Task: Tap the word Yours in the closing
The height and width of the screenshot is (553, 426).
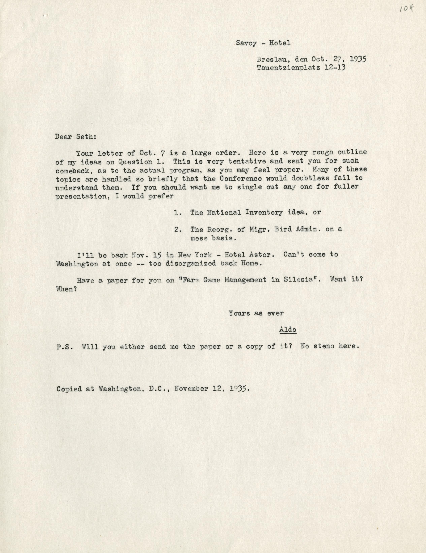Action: (239, 313)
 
